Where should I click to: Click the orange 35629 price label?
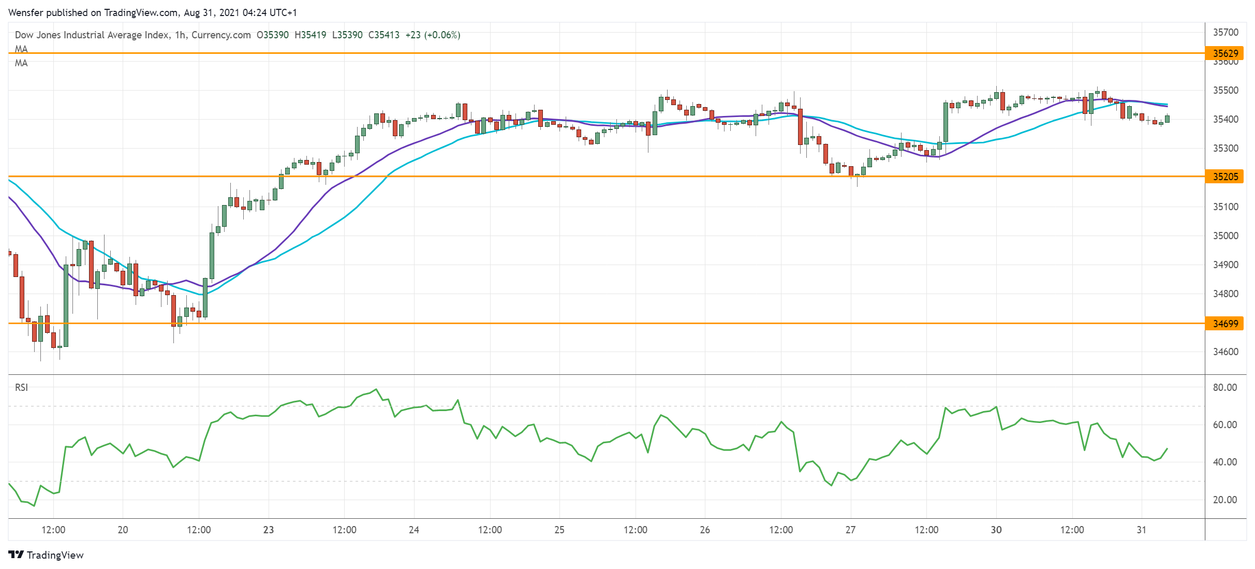click(x=1226, y=53)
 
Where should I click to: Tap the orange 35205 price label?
click(x=1226, y=177)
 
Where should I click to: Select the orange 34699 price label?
click(x=1226, y=324)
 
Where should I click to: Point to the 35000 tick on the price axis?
click(x=1226, y=236)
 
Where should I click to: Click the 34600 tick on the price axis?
click(x=1226, y=352)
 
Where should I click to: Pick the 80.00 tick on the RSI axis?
click(x=1224, y=387)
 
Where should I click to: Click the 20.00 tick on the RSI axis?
click(x=1224, y=500)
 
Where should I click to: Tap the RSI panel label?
click(x=21, y=387)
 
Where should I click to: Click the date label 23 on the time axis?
click(x=268, y=530)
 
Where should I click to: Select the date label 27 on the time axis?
click(x=850, y=530)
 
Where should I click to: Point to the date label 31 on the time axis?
click(x=1141, y=530)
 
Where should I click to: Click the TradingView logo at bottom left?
click(x=46, y=555)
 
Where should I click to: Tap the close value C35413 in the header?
click(x=383, y=35)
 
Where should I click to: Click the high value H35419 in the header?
click(x=310, y=35)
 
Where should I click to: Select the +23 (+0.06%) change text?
click(x=433, y=35)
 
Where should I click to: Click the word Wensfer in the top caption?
click(x=26, y=12)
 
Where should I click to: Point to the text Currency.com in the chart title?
click(x=221, y=35)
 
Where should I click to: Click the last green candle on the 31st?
click(x=1167, y=119)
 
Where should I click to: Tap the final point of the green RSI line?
click(x=1167, y=449)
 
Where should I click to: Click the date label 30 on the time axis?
click(x=996, y=530)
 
